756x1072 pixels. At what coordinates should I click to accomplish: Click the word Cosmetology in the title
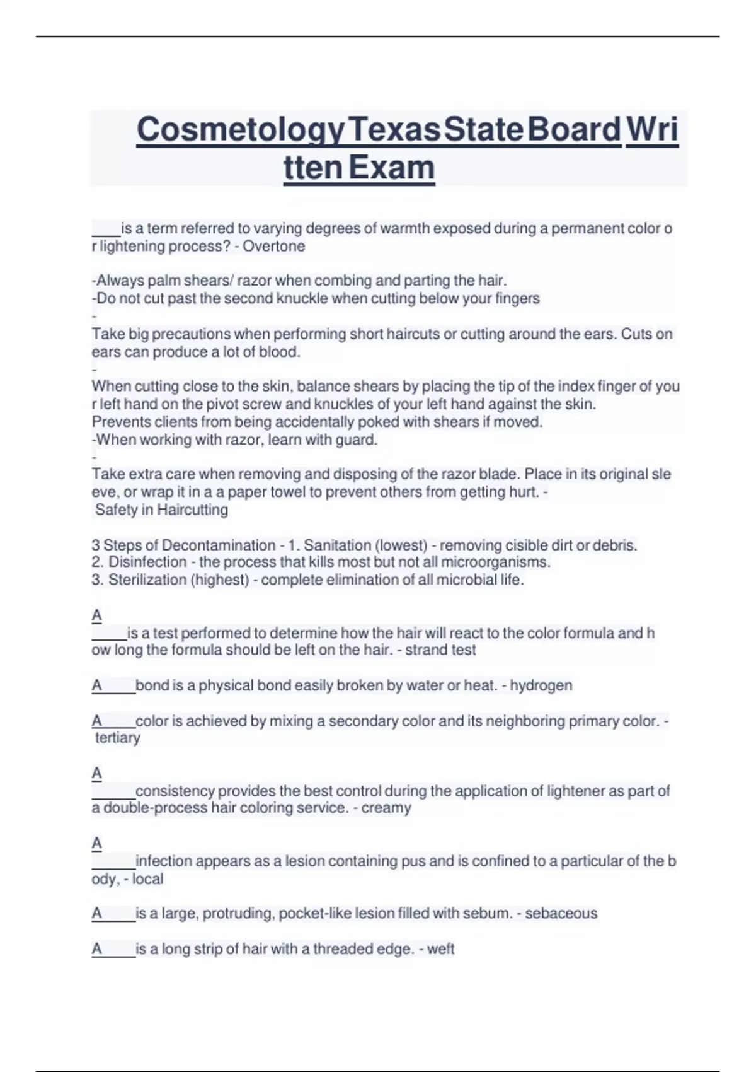click(241, 131)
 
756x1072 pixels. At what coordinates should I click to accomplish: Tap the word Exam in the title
click(391, 168)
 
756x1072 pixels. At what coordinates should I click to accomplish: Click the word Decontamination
click(219, 545)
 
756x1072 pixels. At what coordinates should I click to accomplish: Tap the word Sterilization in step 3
click(147, 580)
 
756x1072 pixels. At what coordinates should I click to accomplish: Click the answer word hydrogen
click(541, 685)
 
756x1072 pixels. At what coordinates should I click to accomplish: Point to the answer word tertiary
click(118, 738)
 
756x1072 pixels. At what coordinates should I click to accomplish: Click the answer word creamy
click(386, 808)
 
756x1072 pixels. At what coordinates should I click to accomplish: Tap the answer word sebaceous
click(561, 913)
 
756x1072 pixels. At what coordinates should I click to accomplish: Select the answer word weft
click(440, 948)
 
